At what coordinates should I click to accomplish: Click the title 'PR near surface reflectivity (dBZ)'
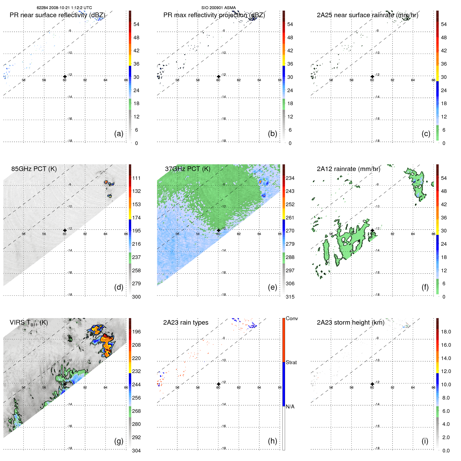[x=57, y=15]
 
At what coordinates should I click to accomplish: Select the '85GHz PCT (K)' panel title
[x=34, y=169]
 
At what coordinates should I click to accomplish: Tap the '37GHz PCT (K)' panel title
[x=187, y=169]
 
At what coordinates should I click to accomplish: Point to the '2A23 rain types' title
[x=186, y=323]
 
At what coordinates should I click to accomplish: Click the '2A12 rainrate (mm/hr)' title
[x=348, y=169]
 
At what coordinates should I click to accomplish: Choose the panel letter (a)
[x=119, y=134]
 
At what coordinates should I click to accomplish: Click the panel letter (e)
[x=272, y=287]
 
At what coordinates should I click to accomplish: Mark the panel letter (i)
[x=425, y=441]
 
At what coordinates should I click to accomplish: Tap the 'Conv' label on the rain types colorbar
[x=292, y=318]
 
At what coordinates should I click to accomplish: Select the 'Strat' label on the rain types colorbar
[x=291, y=362]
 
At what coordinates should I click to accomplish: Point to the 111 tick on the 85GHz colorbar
[x=136, y=178]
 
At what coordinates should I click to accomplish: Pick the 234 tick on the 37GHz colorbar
[x=290, y=178]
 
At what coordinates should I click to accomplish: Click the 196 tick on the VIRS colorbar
[x=136, y=332]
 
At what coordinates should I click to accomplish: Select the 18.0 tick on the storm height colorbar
[x=446, y=332]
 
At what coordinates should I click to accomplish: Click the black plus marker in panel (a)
[x=65, y=77]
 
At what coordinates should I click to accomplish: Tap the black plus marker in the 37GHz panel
[x=218, y=230]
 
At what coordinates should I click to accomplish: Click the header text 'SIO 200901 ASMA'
[x=218, y=8]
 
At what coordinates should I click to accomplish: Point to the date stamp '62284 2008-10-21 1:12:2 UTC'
[x=64, y=8]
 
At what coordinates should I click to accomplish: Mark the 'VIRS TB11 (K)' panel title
[x=29, y=323]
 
